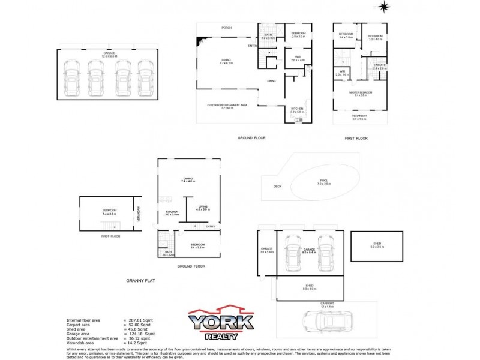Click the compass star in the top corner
pyautogui.click(x=383, y=7)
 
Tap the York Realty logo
pyautogui.click(x=221, y=323)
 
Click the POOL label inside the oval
pyautogui.click(x=325, y=180)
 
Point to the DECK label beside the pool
pyautogui.click(x=277, y=187)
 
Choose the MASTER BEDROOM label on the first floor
pyautogui.click(x=361, y=92)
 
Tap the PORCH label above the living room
pyautogui.click(x=226, y=28)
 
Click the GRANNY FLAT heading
pyautogui.click(x=141, y=280)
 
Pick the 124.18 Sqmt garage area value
pyautogui.click(x=142, y=334)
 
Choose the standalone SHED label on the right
pyautogui.click(x=376, y=243)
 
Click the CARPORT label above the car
pyautogui.click(x=327, y=304)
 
